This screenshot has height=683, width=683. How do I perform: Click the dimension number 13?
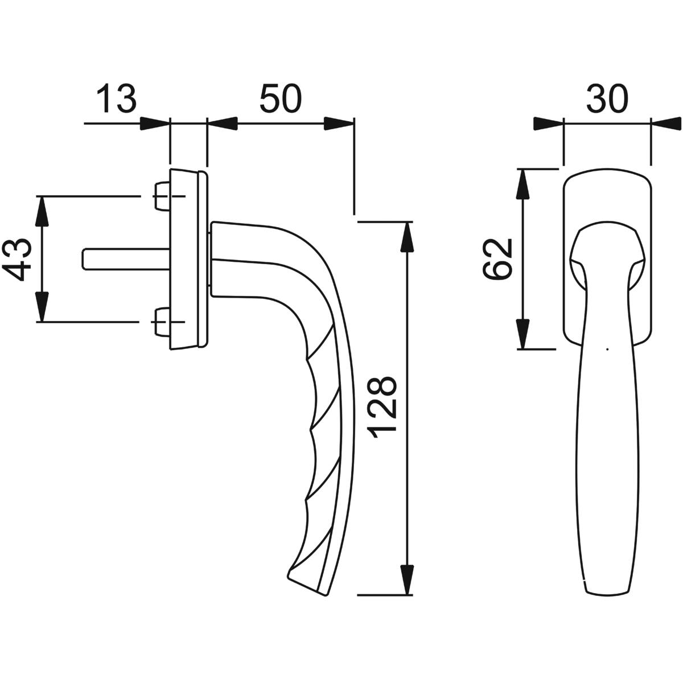click(116, 98)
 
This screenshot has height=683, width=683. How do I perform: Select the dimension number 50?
click(281, 98)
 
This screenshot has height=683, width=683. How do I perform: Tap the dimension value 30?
click(607, 98)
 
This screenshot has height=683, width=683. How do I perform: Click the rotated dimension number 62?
click(497, 260)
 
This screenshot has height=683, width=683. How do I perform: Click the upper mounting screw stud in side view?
click(162, 196)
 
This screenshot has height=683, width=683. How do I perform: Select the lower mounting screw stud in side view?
click(162, 322)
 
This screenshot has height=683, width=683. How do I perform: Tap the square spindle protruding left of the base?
click(126, 260)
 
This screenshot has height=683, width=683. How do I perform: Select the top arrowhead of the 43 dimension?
click(42, 211)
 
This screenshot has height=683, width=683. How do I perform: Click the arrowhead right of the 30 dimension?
click(666, 124)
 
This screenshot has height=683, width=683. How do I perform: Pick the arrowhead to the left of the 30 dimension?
click(549, 124)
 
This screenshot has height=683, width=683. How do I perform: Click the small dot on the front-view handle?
click(608, 349)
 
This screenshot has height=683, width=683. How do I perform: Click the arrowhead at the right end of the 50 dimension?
click(339, 124)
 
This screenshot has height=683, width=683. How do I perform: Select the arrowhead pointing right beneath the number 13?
click(155, 124)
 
